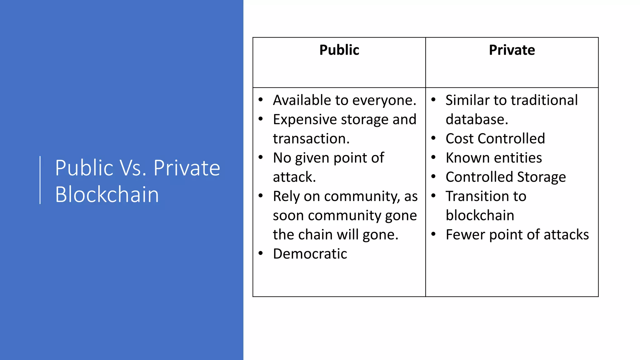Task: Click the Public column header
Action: tap(339, 50)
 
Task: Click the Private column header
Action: tap(512, 50)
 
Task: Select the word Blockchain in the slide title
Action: tap(107, 194)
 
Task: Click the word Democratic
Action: tap(310, 254)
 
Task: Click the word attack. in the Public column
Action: tap(294, 177)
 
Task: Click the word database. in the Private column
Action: tap(477, 120)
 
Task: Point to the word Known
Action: tap(463, 158)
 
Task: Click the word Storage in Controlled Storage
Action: tap(542, 177)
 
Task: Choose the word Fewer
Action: tap(465, 235)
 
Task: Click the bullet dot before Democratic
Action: tap(261, 253)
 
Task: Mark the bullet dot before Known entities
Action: tap(433, 157)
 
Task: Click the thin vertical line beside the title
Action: tap(40, 180)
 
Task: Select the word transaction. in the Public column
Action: tap(311, 139)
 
